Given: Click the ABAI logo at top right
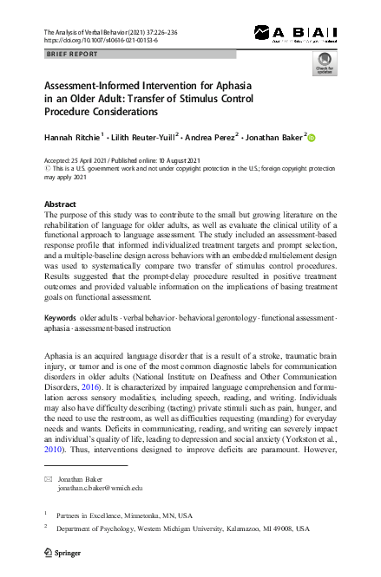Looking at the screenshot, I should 295,34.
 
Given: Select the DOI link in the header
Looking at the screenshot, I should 96,40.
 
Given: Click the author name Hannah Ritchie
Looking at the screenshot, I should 74,137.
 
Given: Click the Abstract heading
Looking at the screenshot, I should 60,204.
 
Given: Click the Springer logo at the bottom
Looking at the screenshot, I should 62,550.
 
